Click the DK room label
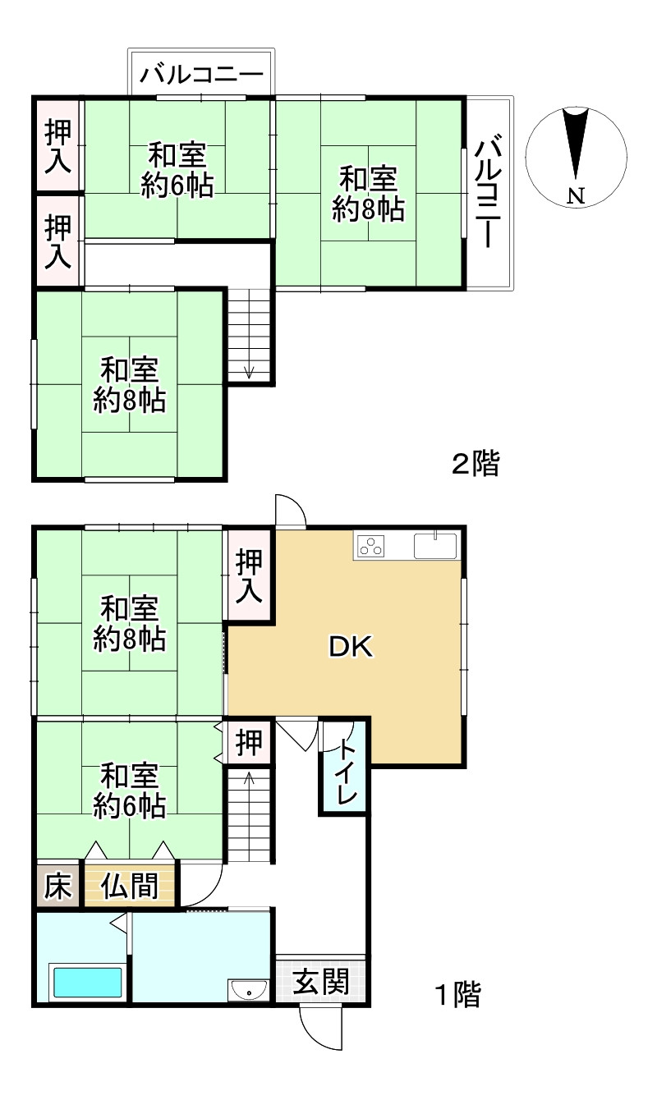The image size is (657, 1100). pyautogui.click(x=351, y=647)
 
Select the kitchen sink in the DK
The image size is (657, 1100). pyautogui.click(x=435, y=546)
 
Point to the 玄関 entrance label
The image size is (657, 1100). pyautogui.click(x=321, y=981)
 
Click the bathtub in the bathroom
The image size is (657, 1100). pyautogui.click(x=86, y=983)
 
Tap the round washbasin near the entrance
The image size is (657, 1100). pyautogui.click(x=248, y=992)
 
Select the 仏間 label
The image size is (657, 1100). pyautogui.click(x=130, y=886)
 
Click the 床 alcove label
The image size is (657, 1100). pyautogui.click(x=57, y=886)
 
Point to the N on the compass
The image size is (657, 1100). pyautogui.click(x=577, y=195)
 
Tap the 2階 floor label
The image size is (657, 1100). pyautogui.click(x=476, y=464)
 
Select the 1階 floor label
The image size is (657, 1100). pyautogui.click(x=457, y=995)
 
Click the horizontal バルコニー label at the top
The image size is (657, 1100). pyautogui.click(x=202, y=76)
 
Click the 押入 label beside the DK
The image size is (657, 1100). pyautogui.click(x=249, y=577)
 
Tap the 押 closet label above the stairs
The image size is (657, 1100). pyautogui.click(x=249, y=743)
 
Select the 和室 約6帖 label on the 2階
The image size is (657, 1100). pyautogui.click(x=177, y=170)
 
